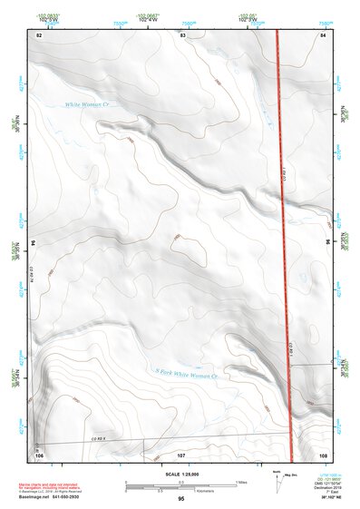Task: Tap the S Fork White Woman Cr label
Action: click(185, 373)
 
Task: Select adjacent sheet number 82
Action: click(39, 34)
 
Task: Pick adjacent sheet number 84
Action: click(323, 34)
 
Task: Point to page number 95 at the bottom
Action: click(181, 499)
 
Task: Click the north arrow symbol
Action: click(276, 480)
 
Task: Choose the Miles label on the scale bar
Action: click(240, 480)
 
